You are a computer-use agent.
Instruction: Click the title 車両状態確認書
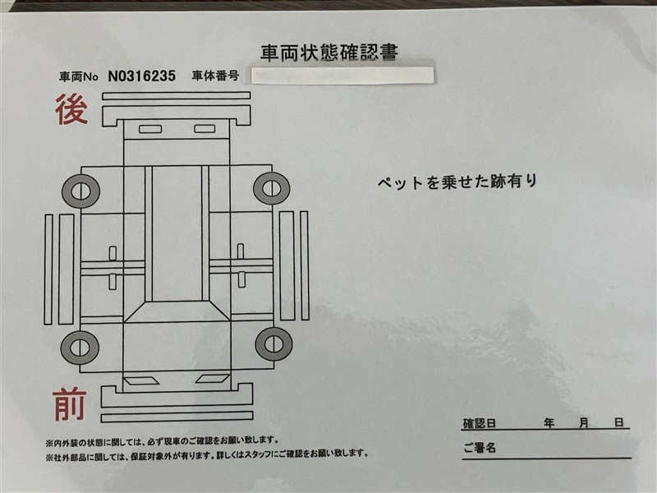pyautogui.click(x=329, y=53)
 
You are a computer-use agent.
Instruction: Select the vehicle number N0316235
pyautogui.click(x=141, y=76)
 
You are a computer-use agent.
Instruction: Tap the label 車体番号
pyautogui.click(x=215, y=76)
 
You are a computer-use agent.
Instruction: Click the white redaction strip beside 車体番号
pyautogui.click(x=342, y=76)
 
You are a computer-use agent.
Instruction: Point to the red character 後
pyautogui.click(x=71, y=109)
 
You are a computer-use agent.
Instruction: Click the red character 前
pyautogui.click(x=70, y=404)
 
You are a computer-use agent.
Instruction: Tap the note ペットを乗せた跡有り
pyautogui.click(x=457, y=182)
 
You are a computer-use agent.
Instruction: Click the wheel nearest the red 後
pyautogui.click(x=80, y=191)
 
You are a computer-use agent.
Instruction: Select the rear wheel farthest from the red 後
pyautogui.click(x=272, y=188)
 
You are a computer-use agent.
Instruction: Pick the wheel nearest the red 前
pyautogui.click(x=80, y=348)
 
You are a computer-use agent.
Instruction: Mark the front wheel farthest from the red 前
pyautogui.click(x=274, y=344)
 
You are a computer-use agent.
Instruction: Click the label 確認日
pyautogui.click(x=480, y=423)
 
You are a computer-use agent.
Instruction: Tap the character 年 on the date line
pyautogui.click(x=549, y=423)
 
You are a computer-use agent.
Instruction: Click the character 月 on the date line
pyautogui.click(x=584, y=423)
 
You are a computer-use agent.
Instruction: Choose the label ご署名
pyautogui.click(x=480, y=448)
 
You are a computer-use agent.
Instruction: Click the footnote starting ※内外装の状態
pyautogui.click(x=162, y=441)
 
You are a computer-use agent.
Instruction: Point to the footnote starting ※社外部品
pyautogui.click(x=207, y=455)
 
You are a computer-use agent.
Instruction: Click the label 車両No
pyautogui.click(x=78, y=76)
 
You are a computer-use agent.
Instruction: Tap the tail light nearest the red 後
pyautogui.click(x=150, y=129)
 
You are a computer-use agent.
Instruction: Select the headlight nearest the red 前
pyautogui.click(x=140, y=380)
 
